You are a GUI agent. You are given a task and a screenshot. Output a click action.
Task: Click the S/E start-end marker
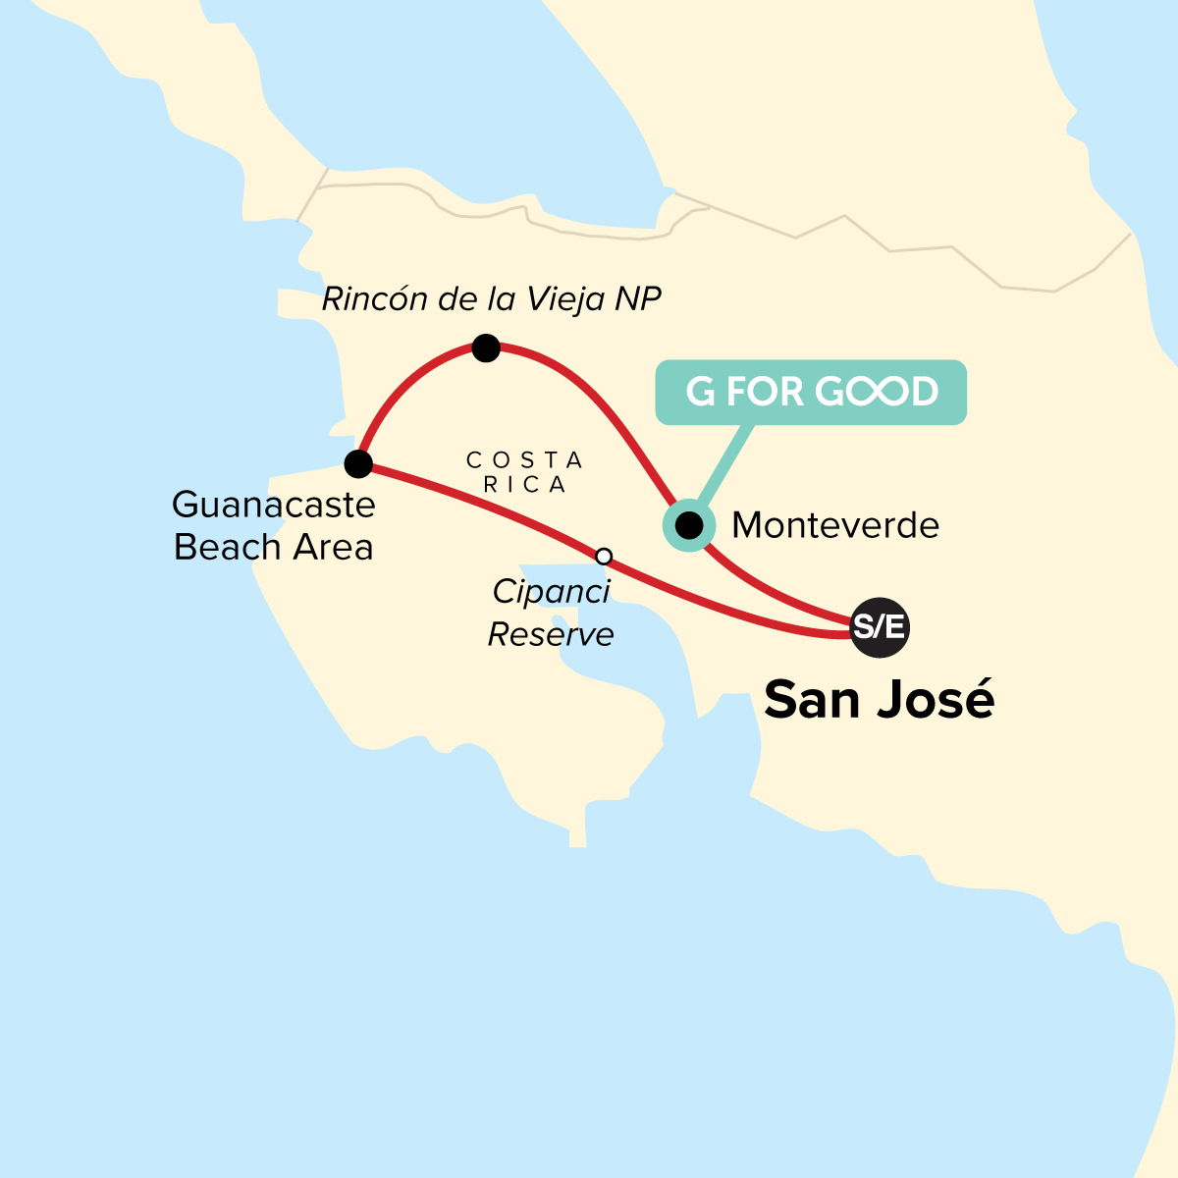(879, 626)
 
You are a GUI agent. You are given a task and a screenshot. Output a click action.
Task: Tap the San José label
(879, 699)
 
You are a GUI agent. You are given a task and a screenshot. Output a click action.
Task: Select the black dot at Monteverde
(690, 526)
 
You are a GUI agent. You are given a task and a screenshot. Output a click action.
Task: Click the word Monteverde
(835, 525)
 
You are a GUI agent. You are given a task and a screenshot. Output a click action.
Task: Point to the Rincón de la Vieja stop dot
(486, 348)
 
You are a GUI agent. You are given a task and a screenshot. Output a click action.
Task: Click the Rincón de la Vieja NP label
(491, 298)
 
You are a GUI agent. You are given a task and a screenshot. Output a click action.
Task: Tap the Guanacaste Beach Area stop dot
(358, 463)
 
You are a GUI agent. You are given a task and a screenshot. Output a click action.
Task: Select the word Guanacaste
(274, 505)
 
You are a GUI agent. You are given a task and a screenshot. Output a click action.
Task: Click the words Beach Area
(274, 547)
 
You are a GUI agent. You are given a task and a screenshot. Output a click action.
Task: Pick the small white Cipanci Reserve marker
(604, 557)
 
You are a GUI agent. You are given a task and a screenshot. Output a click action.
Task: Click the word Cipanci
(551, 591)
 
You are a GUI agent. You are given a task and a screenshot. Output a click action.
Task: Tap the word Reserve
(551, 634)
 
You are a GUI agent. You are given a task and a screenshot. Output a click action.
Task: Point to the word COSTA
(524, 459)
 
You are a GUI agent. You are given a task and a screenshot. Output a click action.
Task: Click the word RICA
(524, 485)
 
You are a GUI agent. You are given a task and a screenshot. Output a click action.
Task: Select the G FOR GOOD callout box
(811, 392)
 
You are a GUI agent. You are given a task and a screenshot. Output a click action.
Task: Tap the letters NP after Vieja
(638, 298)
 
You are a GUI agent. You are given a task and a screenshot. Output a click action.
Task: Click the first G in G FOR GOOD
(700, 392)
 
